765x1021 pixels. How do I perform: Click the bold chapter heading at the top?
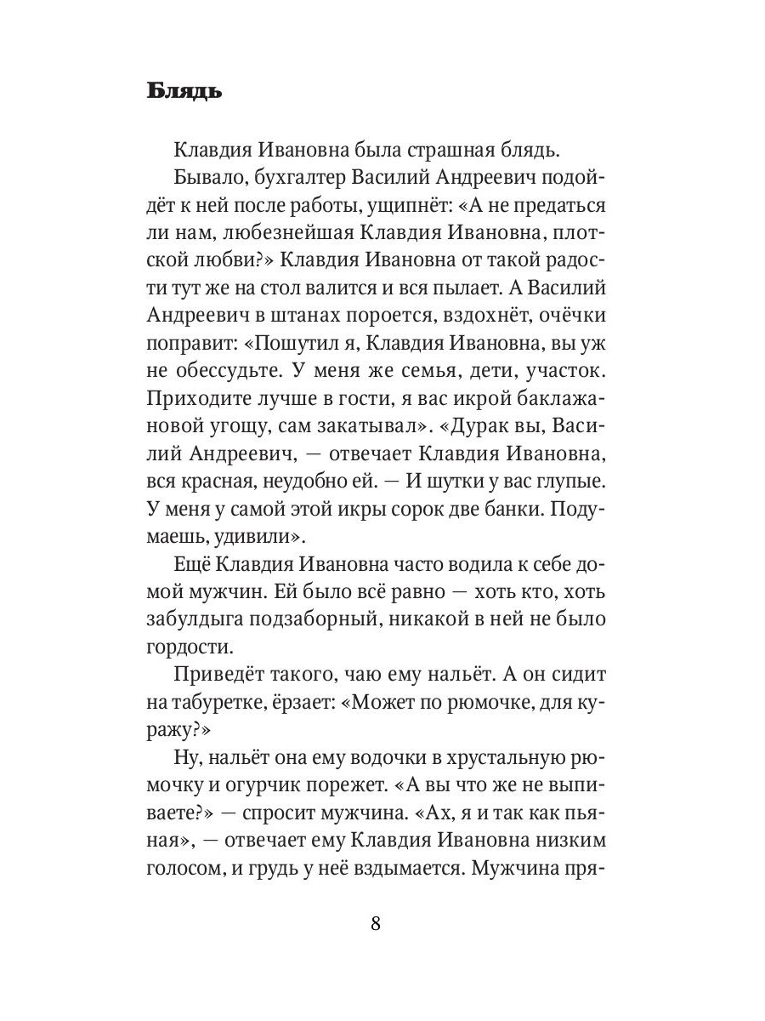pos(184,91)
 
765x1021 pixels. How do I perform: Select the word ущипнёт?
pos(381,208)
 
